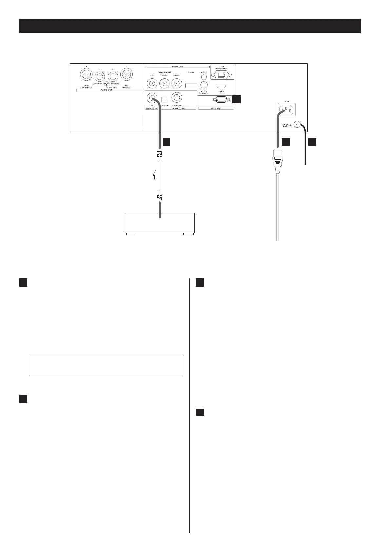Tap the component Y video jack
click(152, 84)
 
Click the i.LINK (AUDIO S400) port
click(222, 74)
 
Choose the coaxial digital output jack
click(177, 98)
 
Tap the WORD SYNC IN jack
click(152, 98)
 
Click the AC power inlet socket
click(287, 109)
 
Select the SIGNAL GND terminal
click(297, 124)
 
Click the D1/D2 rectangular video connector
click(191, 86)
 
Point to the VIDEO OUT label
click(177, 67)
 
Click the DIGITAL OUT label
click(178, 108)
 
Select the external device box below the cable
click(160, 223)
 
